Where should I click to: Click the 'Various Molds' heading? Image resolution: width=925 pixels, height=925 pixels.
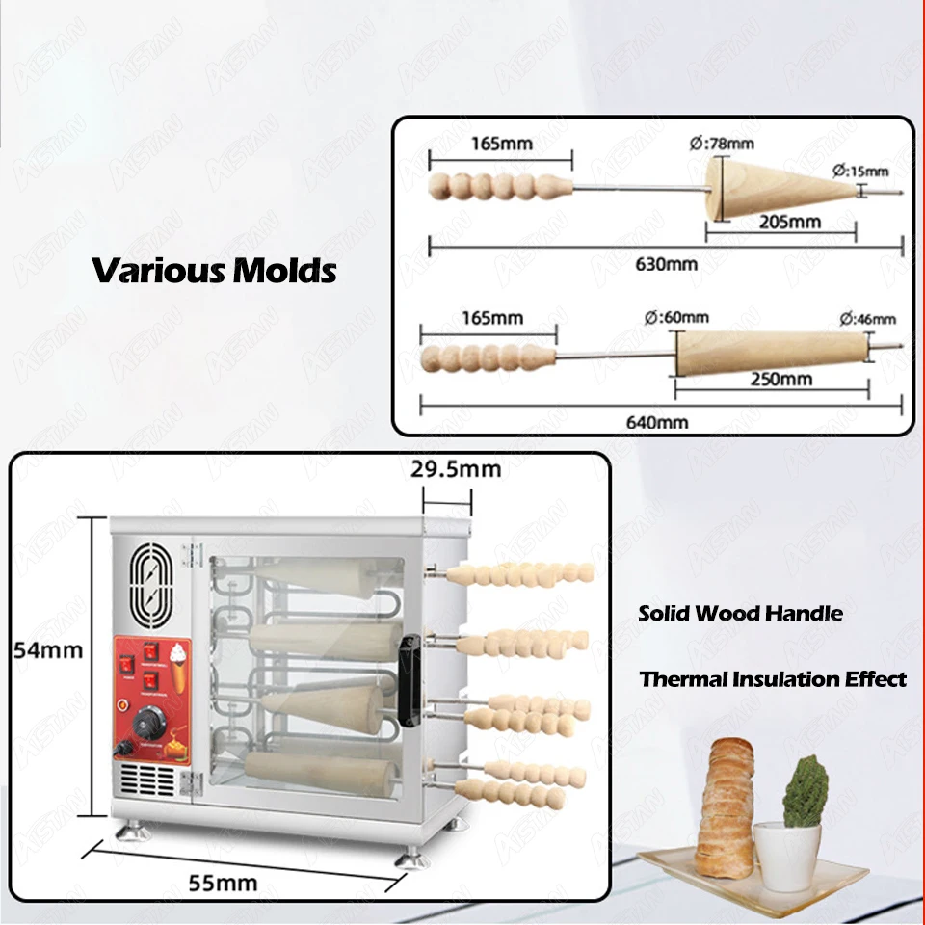click(214, 270)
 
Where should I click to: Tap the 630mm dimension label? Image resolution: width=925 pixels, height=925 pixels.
click(665, 262)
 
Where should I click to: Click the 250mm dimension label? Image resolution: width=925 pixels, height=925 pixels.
click(780, 379)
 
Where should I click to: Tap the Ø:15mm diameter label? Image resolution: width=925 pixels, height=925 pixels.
click(862, 171)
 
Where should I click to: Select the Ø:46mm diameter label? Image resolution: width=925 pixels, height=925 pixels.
click(866, 319)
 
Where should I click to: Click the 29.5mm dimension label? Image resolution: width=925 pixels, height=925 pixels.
click(456, 469)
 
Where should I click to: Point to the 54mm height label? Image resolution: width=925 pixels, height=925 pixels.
click(48, 649)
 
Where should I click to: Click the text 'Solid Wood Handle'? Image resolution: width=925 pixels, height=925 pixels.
click(740, 613)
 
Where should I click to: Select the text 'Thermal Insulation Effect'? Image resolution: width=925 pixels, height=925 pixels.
click(773, 679)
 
